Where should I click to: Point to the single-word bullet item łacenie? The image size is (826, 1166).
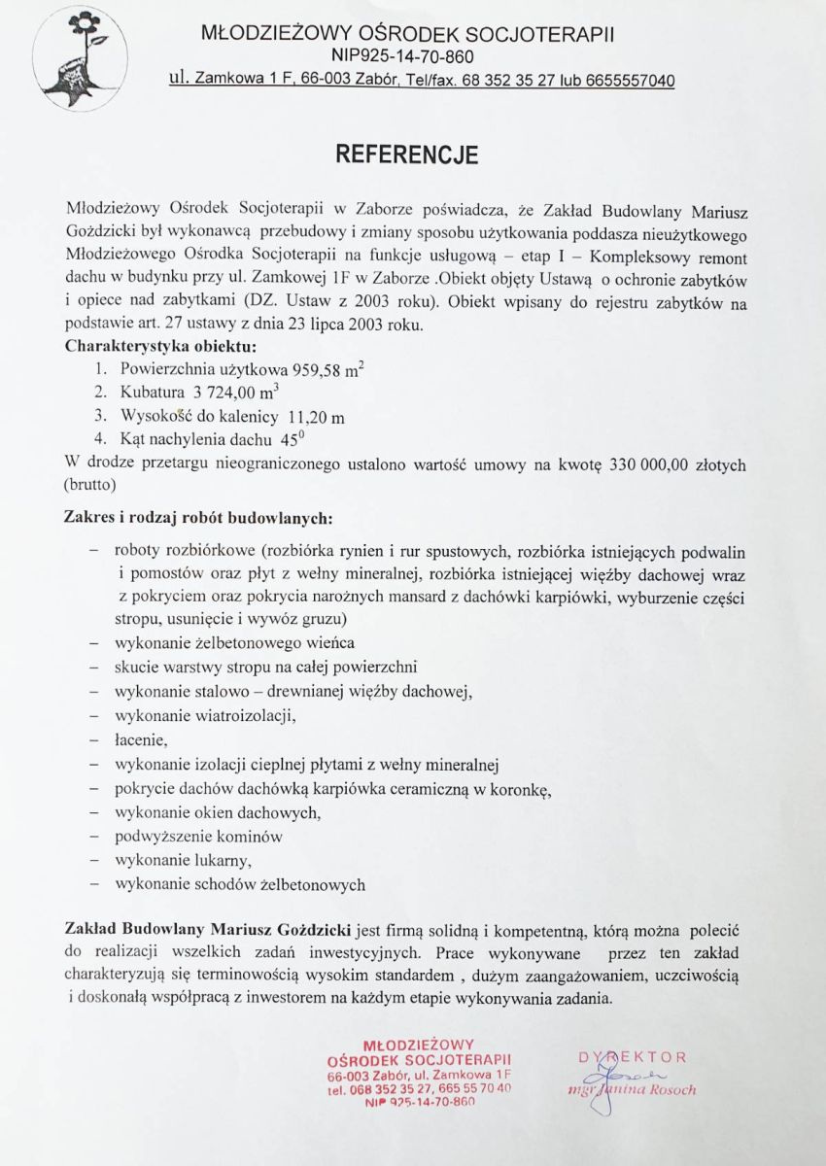142,740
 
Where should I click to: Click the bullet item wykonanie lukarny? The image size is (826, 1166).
184,860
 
